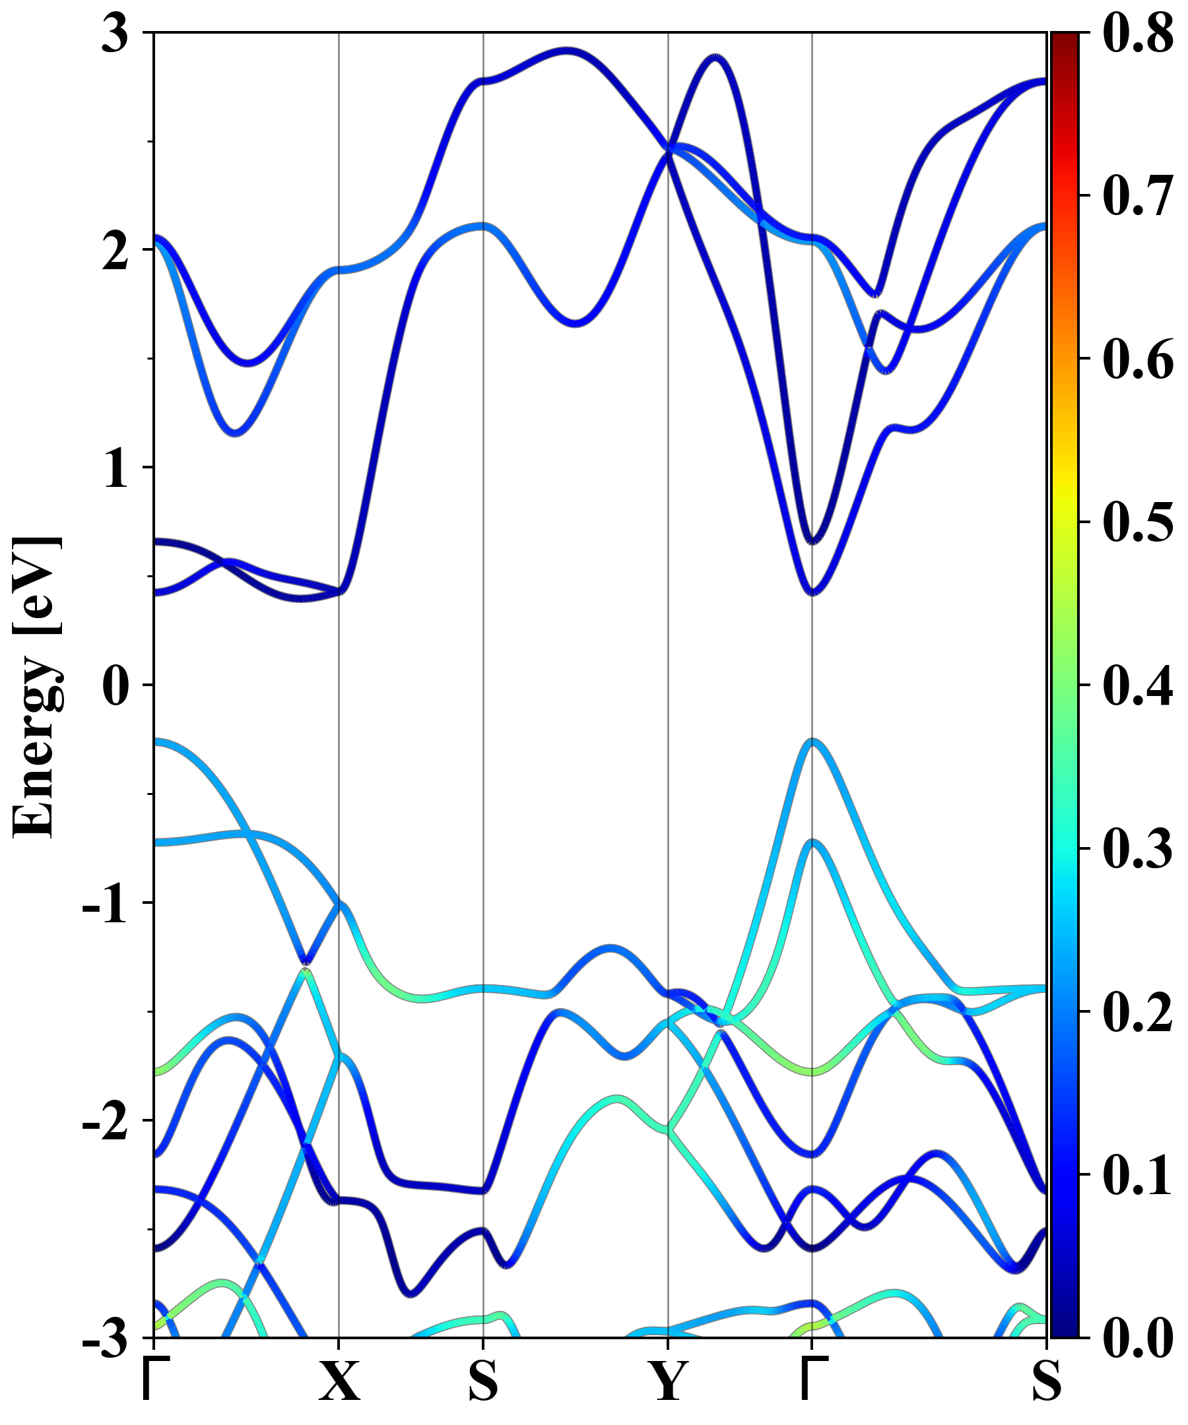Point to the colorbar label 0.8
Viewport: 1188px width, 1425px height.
(x=1138, y=34)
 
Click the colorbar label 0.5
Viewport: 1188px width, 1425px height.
(x=1138, y=522)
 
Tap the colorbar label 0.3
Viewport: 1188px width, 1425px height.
(x=1138, y=849)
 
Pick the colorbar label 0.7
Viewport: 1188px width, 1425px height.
(x=1138, y=197)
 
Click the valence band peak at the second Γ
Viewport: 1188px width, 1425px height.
(x=812, y=741)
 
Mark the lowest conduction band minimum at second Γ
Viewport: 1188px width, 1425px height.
(x=812, y=593)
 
